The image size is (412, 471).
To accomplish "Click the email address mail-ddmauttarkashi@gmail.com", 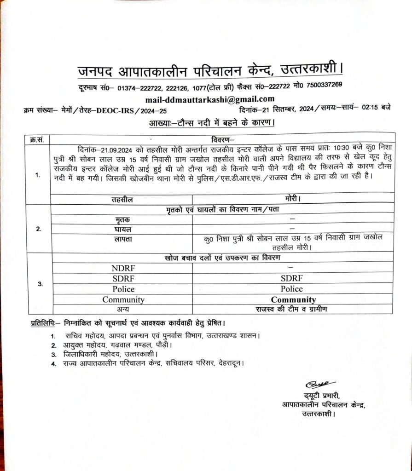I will pos(209,99).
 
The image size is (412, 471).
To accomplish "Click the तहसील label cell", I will pos(122,201).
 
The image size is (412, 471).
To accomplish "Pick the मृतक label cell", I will pos(122,219).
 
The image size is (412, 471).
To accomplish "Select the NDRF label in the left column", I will pos(124,268).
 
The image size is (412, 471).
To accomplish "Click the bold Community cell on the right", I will pos(293,300).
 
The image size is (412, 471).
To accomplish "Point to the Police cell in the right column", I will pos(292,289).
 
